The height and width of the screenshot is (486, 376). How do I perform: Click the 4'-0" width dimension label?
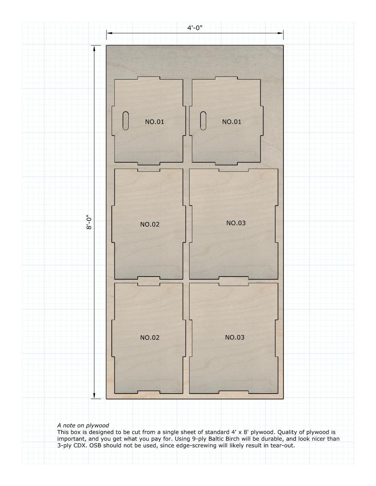[195, 28]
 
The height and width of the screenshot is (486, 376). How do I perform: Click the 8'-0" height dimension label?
[89, 222]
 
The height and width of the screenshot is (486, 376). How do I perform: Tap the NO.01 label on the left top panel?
[154, 122]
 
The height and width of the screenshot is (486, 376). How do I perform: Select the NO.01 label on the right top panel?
[231, 122]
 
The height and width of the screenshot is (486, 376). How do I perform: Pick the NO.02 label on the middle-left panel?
[150, 224]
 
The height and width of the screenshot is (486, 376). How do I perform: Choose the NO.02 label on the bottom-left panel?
[150, 338]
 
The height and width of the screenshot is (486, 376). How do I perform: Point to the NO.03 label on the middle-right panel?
[236, 223]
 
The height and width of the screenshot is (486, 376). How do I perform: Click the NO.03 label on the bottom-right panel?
[234, 338]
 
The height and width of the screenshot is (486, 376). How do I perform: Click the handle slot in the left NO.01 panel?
[126, 120]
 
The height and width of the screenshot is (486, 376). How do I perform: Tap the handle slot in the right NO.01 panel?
[203, 120]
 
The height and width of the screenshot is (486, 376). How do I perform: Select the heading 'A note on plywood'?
[83, 425]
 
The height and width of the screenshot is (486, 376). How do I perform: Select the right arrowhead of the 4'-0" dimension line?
[281, 33]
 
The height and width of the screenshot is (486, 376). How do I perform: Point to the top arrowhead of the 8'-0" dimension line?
[94, 48]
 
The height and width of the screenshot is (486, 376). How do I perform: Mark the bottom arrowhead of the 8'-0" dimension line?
[94, 396]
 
